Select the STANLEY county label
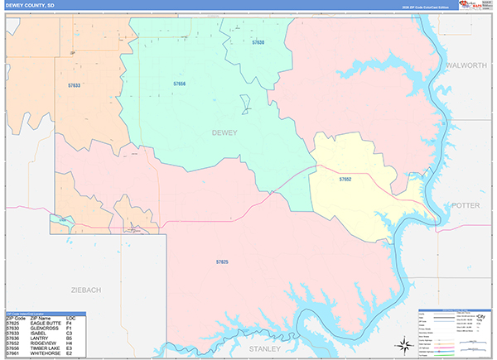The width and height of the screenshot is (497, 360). pyautogui.click(x=266, y=348)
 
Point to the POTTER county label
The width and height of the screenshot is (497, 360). pyautogui.click(x=466, y=205)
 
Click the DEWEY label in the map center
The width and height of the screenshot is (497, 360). pyautogui.click(x=224, y=132)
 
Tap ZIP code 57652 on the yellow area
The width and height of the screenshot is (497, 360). pyautogui.click(x=345, y=179)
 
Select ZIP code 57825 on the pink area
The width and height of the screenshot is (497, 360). pyautogui.click(x=222, y=262)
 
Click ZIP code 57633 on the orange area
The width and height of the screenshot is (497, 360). pyautogui.click(x=74, y=84)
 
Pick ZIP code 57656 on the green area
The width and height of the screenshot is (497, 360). pyautogui.click(x=180, y=84)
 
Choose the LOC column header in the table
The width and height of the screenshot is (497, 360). pyautogui.click(x=70, y=317)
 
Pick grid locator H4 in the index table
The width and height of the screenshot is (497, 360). pyautogui.click(x=70, y=343)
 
